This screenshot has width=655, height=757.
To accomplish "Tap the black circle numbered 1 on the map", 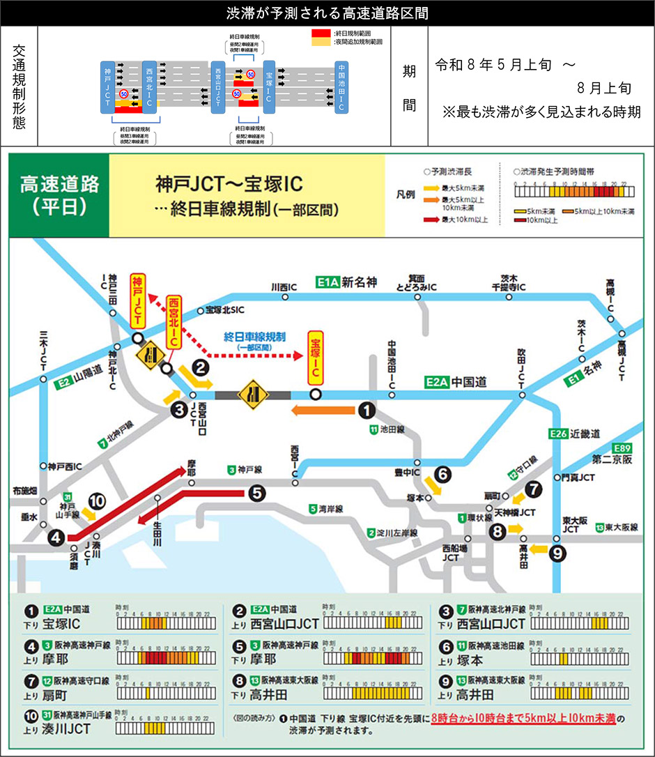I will pos(367,412).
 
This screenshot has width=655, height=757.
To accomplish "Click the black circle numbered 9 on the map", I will pos(557,554).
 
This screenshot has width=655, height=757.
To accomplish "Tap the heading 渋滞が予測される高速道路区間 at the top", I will pos(327,13).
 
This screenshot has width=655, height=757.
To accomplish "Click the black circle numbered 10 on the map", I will pos(97,500).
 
